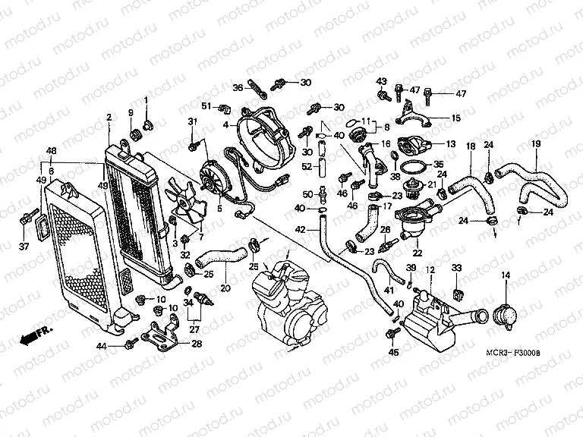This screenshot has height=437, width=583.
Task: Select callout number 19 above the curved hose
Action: pyautogui.click(x=535, y=144)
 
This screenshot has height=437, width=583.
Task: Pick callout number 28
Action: pyautogui.click(x=197, y=344)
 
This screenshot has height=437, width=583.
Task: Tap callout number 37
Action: pyautogui.click(x=24, y=246)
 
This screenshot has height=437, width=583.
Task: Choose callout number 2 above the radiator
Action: pyautogui.click(x=109, y=117)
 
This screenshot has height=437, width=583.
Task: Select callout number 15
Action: pyautogui.click(x=455, y=118)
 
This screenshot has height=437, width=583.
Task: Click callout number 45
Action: pyautogui.click(x=392, y=353)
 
